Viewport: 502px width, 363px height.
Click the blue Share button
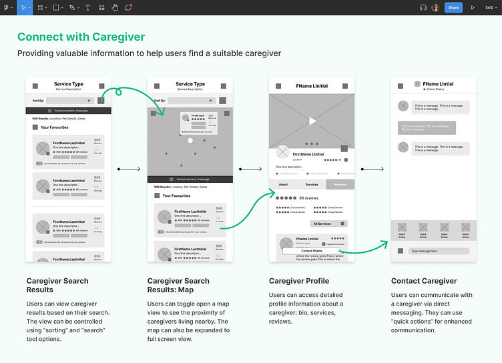pos(454,7)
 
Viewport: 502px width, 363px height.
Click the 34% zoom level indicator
pos(489,7)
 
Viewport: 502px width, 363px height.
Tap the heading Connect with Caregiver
pos(81,37)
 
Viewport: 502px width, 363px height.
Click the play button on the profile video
pos(312,121)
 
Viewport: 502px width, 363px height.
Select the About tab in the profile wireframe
pos(283,184)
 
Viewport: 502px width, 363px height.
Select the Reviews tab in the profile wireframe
pos(340,184)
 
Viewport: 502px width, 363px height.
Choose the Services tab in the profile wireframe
pos(312,184)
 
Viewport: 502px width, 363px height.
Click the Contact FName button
pos(312,250)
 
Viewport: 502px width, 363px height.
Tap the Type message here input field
pos(439,251)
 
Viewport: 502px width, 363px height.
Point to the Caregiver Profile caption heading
pos(299,281)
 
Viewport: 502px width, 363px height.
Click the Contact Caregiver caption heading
pos(424,281)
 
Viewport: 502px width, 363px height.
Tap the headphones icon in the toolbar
pos(423,7)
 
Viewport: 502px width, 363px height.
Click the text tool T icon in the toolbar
pos(88,7)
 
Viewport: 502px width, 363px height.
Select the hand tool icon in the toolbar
pos(115,7)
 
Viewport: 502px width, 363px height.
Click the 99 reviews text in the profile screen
pos(308,198)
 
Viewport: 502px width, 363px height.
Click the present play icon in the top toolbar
pos(473,7)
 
